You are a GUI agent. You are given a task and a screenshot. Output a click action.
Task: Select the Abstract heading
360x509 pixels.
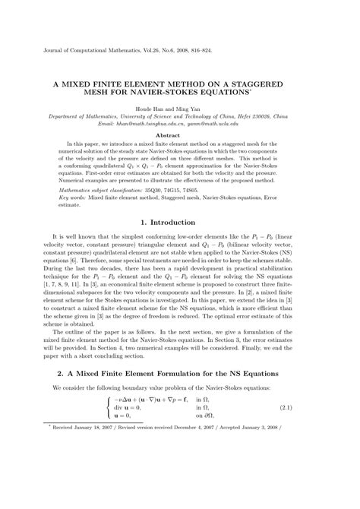point(179,134)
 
